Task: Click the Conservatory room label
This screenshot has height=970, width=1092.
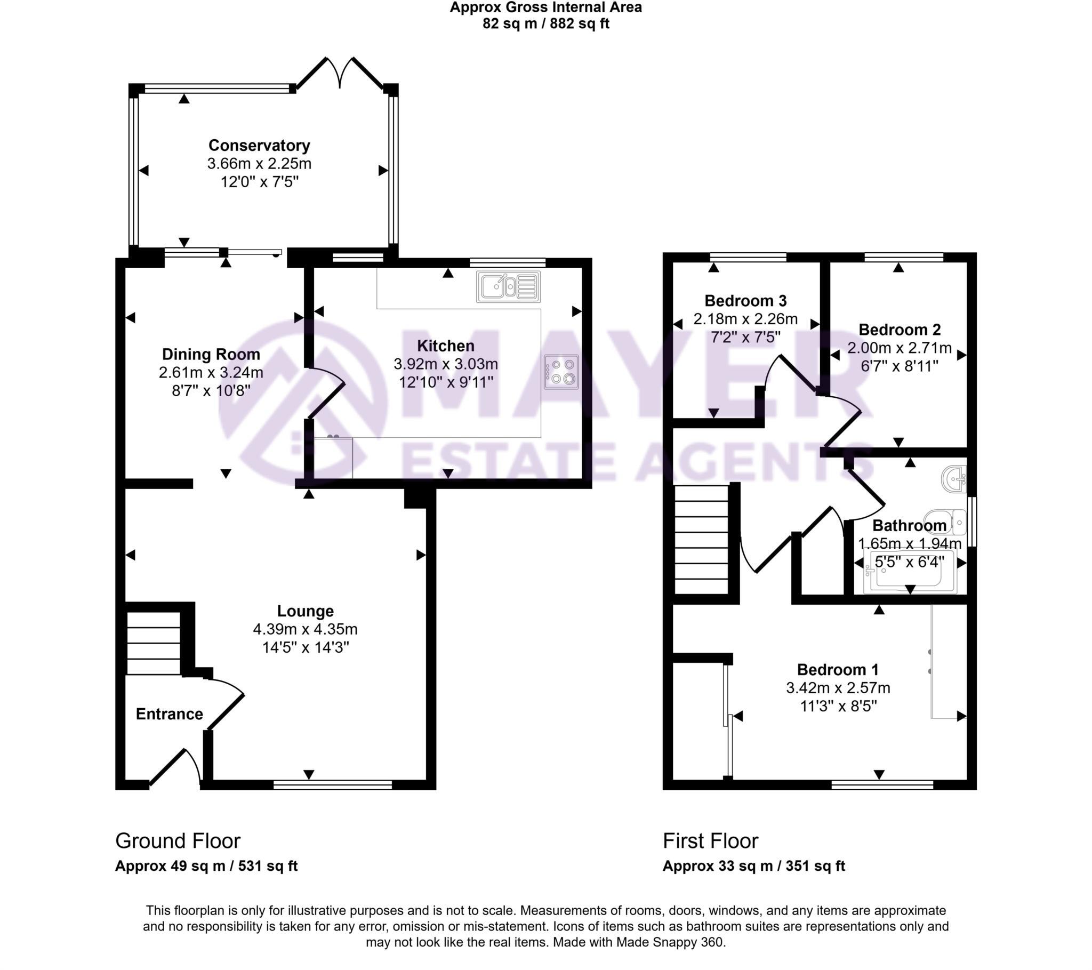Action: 259,146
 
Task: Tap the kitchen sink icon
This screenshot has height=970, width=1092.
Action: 508,286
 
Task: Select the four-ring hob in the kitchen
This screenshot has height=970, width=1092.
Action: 561,372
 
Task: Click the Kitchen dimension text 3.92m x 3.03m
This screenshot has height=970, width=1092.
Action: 446,364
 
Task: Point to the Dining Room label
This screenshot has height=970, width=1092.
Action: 211,354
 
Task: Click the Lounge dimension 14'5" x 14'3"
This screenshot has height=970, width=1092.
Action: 305,647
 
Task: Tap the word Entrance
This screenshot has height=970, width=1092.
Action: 170,714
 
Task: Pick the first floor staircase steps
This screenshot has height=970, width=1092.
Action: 702,539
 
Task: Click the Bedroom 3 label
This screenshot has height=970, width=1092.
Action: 745,300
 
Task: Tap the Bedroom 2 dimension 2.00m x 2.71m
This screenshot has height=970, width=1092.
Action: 899,348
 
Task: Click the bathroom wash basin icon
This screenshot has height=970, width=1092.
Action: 954,479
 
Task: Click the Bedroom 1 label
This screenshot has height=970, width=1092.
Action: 838,670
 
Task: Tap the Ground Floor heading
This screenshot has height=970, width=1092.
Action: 178,841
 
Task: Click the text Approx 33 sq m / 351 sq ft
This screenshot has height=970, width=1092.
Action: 753,866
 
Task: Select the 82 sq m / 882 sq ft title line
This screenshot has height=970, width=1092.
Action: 545,24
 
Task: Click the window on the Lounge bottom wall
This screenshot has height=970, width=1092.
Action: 332,784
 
